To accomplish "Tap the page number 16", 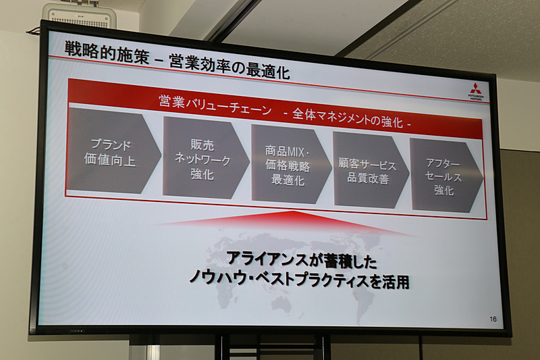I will click(493, 318).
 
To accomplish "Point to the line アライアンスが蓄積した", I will click(301, 259).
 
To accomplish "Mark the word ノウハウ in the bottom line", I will click(217, 275).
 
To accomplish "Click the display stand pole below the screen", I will click(222, 348).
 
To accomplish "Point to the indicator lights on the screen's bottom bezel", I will click(76, 330).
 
